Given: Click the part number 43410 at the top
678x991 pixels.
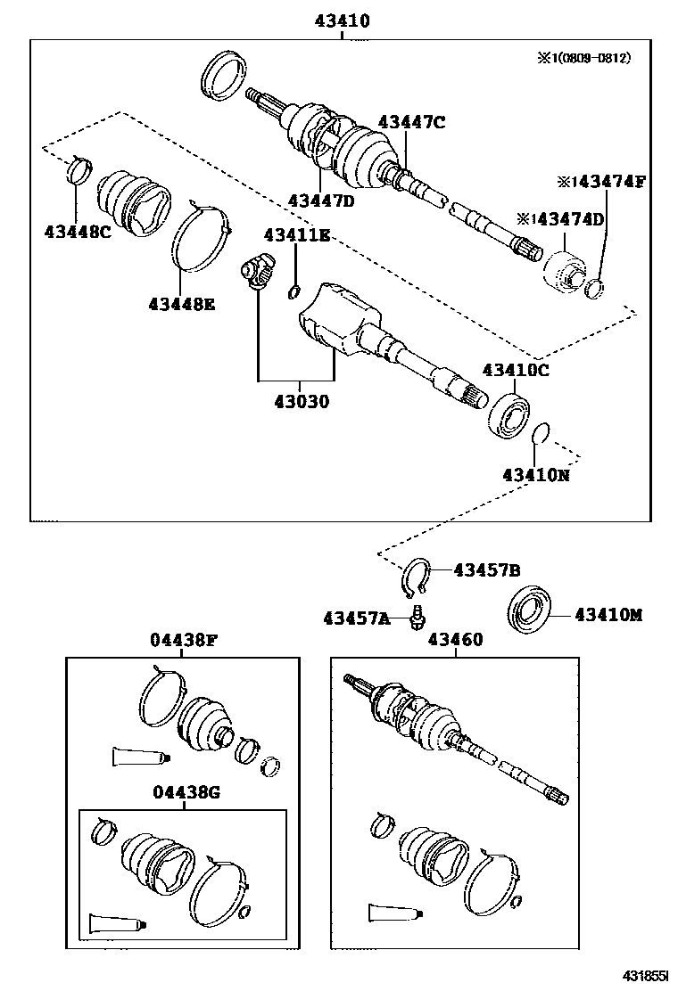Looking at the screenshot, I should [x=341, y=20].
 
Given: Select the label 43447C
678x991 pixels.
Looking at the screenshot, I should [x=410, y=122].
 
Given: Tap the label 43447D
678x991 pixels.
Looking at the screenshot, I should [x=321, y=201].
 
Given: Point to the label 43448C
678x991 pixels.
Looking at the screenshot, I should [x=77, y=233].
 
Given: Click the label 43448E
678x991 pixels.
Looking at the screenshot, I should [x=182, y=303].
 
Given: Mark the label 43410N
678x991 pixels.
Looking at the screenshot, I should [x=535, y=475].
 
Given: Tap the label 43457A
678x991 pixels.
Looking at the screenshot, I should [x=357, y=618].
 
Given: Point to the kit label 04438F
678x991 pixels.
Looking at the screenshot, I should [x=182, y=640].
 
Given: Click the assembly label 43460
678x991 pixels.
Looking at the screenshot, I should [x=455, y=640].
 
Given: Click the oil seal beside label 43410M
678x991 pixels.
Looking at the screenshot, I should [x=533, y=613].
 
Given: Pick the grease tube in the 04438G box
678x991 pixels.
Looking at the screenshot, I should [x=115, y=922].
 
